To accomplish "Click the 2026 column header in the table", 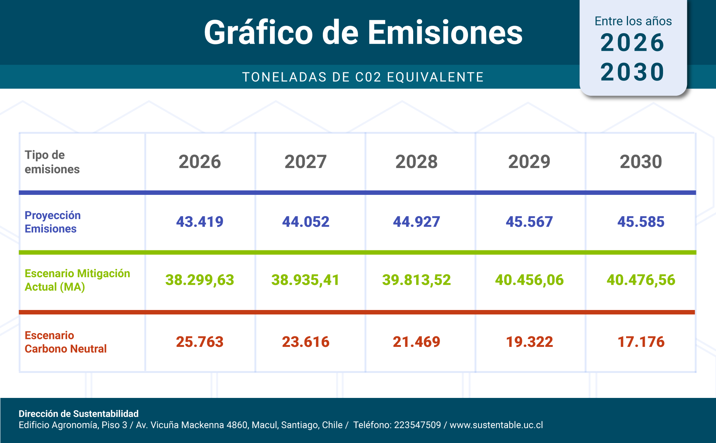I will (x=200, y=162).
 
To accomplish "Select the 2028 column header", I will (x=416, y=162).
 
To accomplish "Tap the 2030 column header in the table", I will (x=641, y=162).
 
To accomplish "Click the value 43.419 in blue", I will (x=200, y=222).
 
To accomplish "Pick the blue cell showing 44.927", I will (x=416, y=222).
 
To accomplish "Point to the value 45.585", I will (x=641, y=222).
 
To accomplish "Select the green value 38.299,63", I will (x=200, y=280).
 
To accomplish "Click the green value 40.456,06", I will (x=529, y=280).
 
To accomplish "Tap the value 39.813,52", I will (x=416, y=280).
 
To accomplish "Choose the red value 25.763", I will (x=200, y=342).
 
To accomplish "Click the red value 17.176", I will (x=641, y=342).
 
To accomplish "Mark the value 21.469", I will (x=416, y=342).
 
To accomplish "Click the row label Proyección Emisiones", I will (x=53, y=222).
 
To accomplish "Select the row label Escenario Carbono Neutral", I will (x=65, y=342).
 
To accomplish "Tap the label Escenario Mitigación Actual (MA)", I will (x=77, y=280).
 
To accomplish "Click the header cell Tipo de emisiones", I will (x=52, y=162).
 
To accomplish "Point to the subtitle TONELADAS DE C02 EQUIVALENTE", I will (x=363, y=77).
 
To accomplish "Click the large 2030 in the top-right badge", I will (x=632, y=72).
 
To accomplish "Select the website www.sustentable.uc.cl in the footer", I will (x=496, y=425).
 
